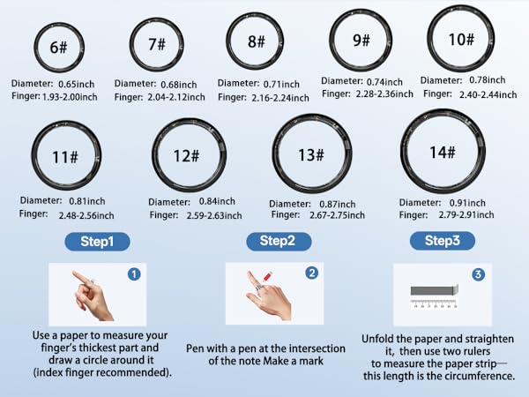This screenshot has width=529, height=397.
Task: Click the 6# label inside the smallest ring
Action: pos(59,48)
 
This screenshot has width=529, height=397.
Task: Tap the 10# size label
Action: pos(461,41)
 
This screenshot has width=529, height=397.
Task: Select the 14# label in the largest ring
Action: pos(442,152)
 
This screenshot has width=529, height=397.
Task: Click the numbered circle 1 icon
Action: pos(133,274)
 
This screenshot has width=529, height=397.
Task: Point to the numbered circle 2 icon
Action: pos(311,273)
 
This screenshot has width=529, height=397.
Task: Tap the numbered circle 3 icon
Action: pos(478,274)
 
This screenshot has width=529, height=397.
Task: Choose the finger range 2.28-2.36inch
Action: pos(379,94)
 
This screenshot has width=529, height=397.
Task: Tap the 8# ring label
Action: pos(256,41)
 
